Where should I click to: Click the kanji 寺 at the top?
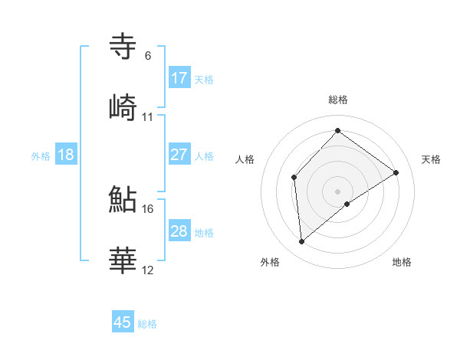(x=123, y=47)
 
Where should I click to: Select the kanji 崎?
(x=123, y=108)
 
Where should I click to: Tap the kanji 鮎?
(x=123, y=200)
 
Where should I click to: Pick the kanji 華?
(x=123, y=261)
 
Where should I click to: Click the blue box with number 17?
(x=179, y=78)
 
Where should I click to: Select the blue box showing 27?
(x=179, y=155)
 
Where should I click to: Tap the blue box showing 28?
(x=179, y=231)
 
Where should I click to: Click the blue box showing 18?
(x=66, y=155)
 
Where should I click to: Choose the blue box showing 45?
(x=123, y=322)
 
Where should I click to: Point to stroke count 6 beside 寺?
(x=147, y=56)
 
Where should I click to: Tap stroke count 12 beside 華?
(x=148, y=270)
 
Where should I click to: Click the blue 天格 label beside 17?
(x=204, y=79)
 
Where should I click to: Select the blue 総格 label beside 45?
(x=147, y=323)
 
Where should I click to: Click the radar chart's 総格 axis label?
(x=338, y=100)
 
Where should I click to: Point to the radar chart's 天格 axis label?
(x=432, y=159)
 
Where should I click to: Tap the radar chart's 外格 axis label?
(x=270, y=262)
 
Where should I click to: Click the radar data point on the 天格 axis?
(x=396, y=172)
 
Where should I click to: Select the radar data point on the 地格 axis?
(x=347, y=204)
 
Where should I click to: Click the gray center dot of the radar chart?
(x=338, y=191)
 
